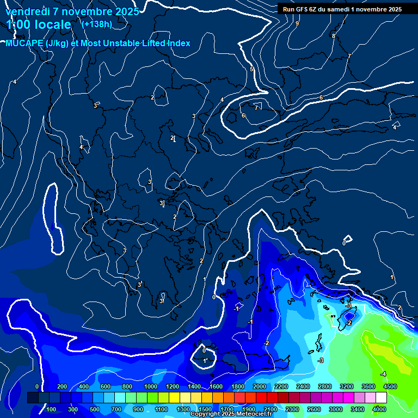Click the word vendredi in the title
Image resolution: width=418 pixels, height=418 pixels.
click(27, 11)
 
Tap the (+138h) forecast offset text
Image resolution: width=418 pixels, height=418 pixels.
click(96, 24)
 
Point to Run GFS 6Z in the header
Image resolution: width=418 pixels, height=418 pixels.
click(303, 9)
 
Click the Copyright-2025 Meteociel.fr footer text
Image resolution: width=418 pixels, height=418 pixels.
click(231, 414)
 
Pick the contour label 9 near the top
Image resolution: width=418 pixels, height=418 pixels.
click(297, 23)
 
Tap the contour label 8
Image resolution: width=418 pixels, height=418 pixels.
click(334, 36)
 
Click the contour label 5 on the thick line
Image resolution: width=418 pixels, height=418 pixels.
click(251, 69)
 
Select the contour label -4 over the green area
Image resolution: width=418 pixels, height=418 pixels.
click(383, 374)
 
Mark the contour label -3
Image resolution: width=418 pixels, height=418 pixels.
click(321, 360)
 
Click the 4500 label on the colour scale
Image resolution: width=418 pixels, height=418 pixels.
click(390, 386)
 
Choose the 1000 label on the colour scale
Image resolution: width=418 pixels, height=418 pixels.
click(151, 386)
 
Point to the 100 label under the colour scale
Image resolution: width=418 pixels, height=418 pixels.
click(52, 409)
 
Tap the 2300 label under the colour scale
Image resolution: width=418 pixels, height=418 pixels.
click(292, 409)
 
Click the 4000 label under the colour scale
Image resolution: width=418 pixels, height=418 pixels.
click(379, 409)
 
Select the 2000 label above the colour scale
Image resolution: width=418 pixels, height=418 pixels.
click(260, 386)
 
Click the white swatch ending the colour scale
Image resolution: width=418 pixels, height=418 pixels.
click(381, 398)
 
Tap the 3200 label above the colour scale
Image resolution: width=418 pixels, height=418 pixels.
click(347, 386)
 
